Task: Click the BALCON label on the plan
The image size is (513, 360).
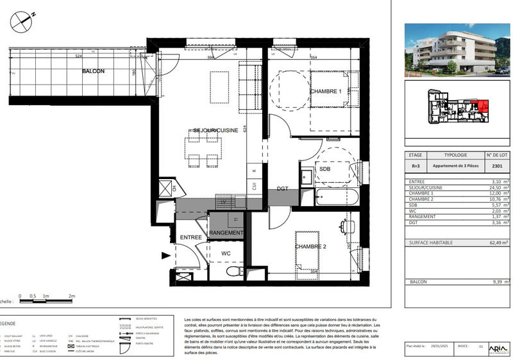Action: (x=93, y=71)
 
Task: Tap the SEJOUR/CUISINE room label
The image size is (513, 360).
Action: (x=216, y=130)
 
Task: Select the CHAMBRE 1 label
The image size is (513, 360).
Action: (x=326, y=92)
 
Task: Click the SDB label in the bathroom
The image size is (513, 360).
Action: (x=325, y=169)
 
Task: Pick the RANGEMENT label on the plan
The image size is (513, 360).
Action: (x=226, y=233)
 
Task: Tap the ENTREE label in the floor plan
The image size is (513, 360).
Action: (x=190, y=237)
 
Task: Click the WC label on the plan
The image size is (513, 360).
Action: (x=226, y=253)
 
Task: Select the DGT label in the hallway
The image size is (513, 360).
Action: (x=282, y=188)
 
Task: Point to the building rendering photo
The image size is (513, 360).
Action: (x=457, y=49)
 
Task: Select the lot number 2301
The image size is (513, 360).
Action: (x=496, y=166)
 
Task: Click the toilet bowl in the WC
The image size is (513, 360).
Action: (x=233, y=272)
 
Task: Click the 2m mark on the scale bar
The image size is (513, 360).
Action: (x=72, y=296)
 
